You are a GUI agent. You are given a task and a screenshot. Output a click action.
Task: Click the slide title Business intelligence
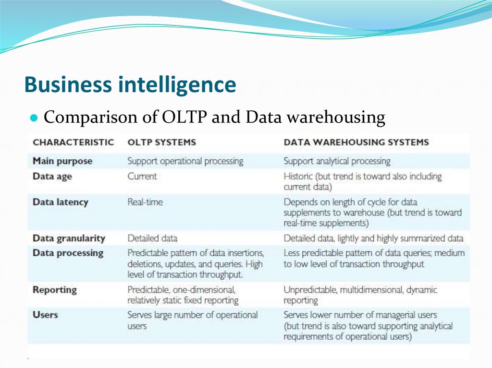pos(130,85)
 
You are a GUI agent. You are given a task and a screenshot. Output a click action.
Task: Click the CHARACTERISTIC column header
pos(73,142)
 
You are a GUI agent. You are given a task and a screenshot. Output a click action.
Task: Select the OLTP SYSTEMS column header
pos(161,142)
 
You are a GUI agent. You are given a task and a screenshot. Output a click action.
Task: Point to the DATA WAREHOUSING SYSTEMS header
pos(356,142)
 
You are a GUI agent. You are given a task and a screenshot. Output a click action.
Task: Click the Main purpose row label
pos(62,161)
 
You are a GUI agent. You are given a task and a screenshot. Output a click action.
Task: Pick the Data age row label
pos(52,176)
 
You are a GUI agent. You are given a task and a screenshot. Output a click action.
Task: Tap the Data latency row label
pos(61,202)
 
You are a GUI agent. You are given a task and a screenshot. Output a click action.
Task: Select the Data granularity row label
pos(69,238)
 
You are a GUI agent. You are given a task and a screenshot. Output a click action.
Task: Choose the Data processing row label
pos(68,253)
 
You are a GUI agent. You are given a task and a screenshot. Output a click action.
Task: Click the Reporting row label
pos(55,290)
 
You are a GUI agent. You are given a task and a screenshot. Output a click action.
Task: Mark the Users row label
pos(45,315)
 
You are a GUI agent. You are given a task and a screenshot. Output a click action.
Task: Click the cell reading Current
pos(142,176)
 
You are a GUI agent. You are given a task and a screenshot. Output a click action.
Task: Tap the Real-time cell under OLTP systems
pos(145,202)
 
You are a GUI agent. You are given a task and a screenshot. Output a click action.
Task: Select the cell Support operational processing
pos(185,161)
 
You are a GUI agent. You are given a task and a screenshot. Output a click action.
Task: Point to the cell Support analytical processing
pos(337,161)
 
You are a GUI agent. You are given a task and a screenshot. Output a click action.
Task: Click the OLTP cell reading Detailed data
pos(152,238)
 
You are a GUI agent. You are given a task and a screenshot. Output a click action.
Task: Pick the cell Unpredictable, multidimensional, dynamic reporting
pos(360,295)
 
